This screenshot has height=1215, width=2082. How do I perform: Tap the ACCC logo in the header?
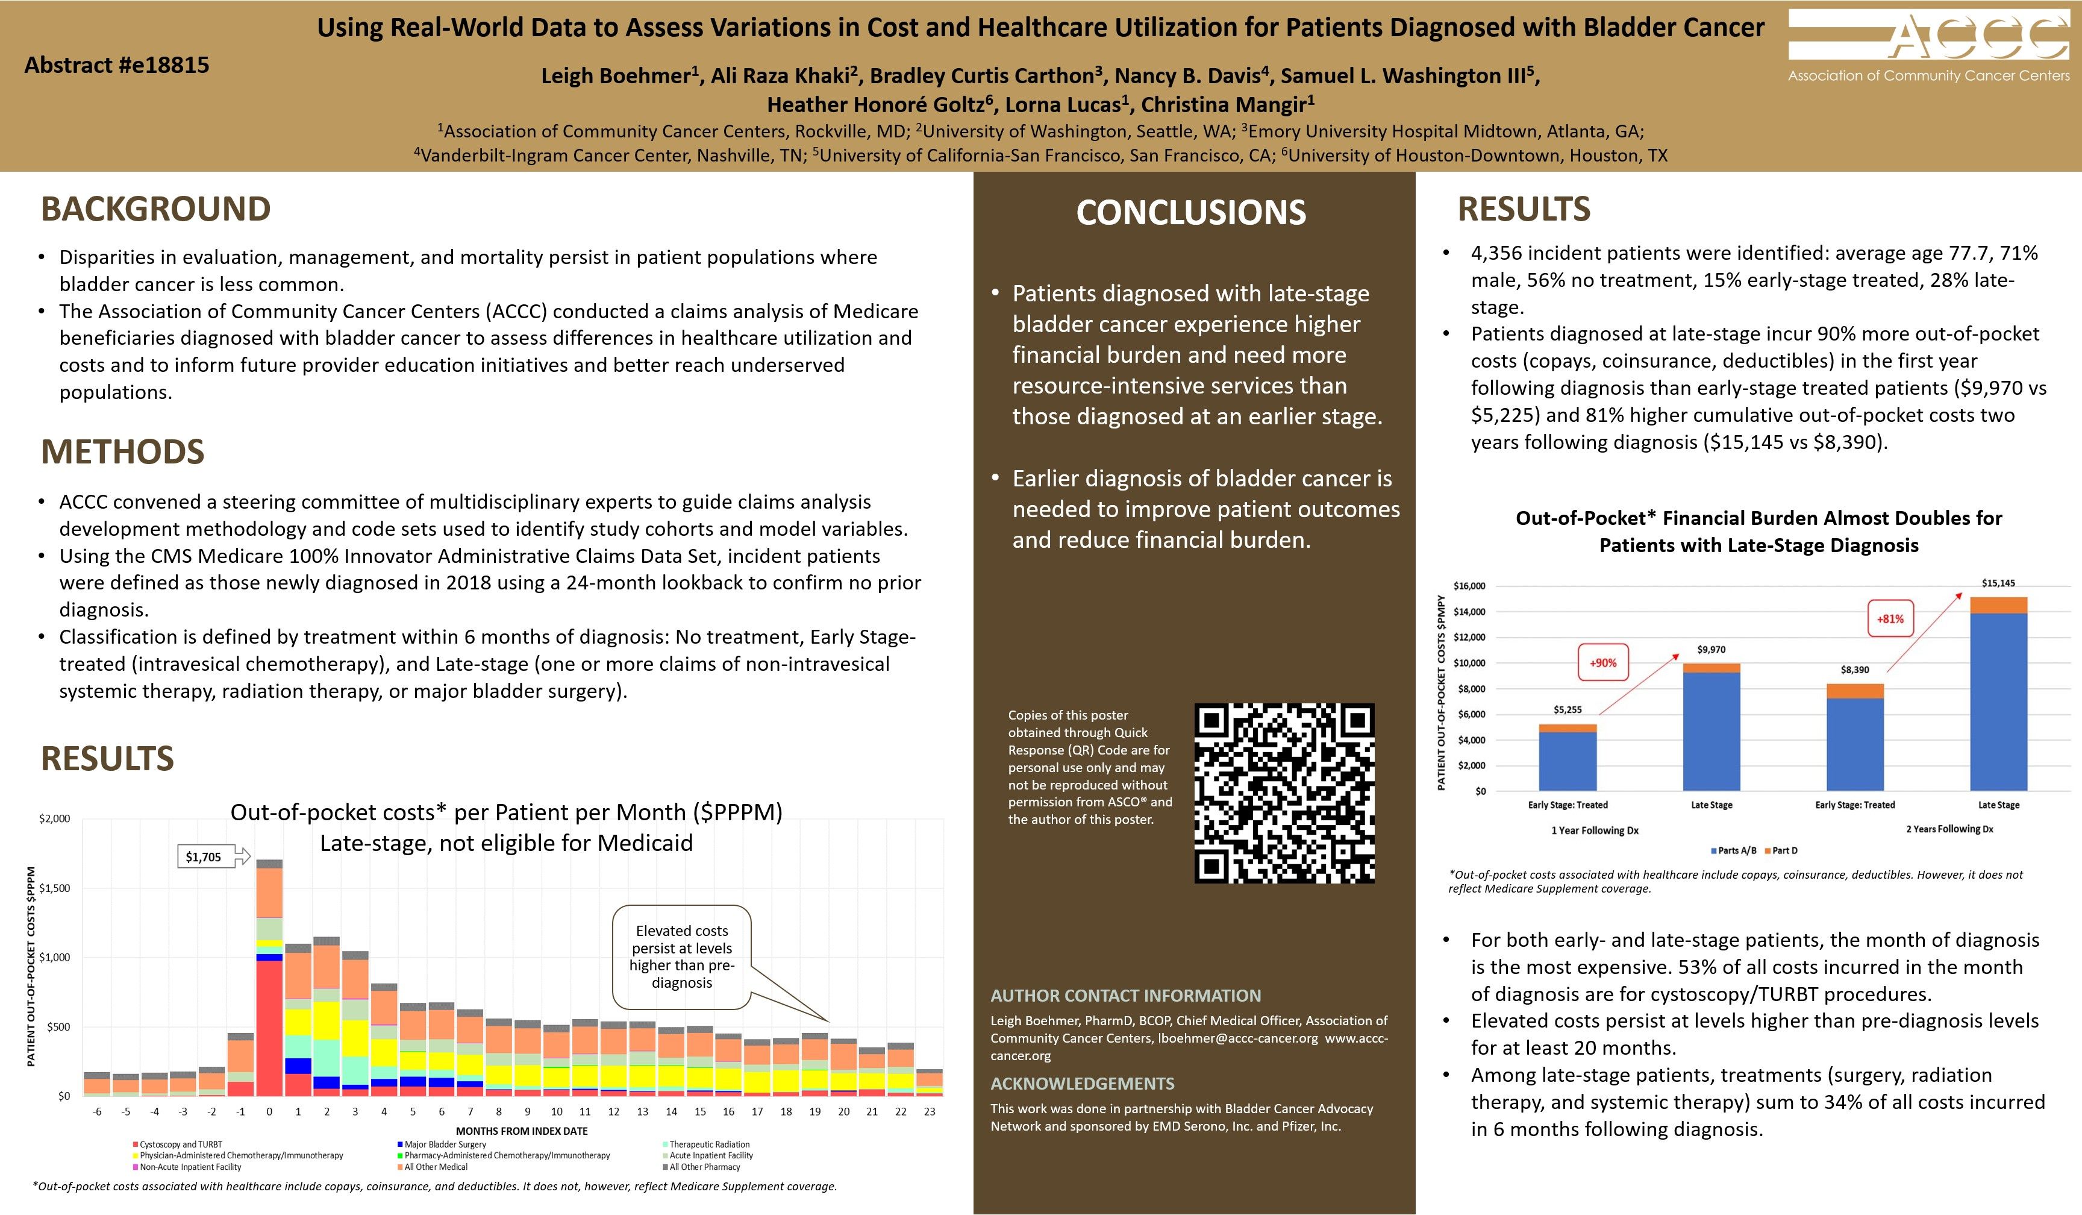(x=1928, y=45)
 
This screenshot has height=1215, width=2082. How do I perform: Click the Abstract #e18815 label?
(x=116, y=64)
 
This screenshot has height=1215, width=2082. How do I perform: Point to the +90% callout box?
(x=1603, y=662)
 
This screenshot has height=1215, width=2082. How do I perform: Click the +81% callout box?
(x=1890, y=618)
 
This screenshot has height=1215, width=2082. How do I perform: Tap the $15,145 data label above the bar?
(x=1998, y=583)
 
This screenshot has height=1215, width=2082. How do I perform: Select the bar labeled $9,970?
(x=1711, y=727)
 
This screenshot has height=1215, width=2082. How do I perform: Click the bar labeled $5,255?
(x=1568, y=757)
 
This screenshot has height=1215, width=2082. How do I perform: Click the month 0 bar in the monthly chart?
(x=269, y=979)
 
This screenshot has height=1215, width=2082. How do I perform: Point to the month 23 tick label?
(x=930, y=1112)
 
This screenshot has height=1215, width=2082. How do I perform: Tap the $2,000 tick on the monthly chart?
(x=55, y=818)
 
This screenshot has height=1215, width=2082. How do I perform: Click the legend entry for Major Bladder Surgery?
(x=445, y=1144)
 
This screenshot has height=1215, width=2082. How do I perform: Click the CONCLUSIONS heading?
(x=1190, y=212)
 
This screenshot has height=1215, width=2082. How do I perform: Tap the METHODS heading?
(x=122, y=451)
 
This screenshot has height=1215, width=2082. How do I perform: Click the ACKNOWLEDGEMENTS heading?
(x=1083, y=1084)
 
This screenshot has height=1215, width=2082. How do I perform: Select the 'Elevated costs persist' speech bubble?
(x=681, y=957)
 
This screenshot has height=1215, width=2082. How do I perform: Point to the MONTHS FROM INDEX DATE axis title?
(x=521, y=1131)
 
